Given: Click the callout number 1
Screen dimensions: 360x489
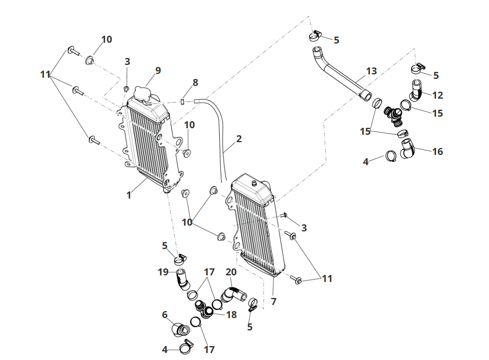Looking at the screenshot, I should pos(129,195).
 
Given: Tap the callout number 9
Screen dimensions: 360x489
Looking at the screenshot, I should pos(158,70).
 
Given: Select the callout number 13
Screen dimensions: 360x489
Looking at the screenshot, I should pos(371,71).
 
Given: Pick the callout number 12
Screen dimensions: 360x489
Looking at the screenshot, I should pos(438,95).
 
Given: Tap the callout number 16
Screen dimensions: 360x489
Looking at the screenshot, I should pos(438,151).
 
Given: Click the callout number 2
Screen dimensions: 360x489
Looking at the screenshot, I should pos(239,138).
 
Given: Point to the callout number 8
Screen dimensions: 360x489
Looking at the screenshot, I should pos(195,82).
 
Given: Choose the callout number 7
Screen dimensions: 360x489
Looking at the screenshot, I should pos(273,301).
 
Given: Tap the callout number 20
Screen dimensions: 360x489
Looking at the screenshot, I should pos(231,272).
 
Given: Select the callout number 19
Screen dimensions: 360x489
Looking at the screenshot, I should pos(164,272).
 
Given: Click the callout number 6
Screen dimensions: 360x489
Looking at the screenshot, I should pos(165,315).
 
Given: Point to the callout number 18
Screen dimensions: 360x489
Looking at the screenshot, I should pos(232,314).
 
